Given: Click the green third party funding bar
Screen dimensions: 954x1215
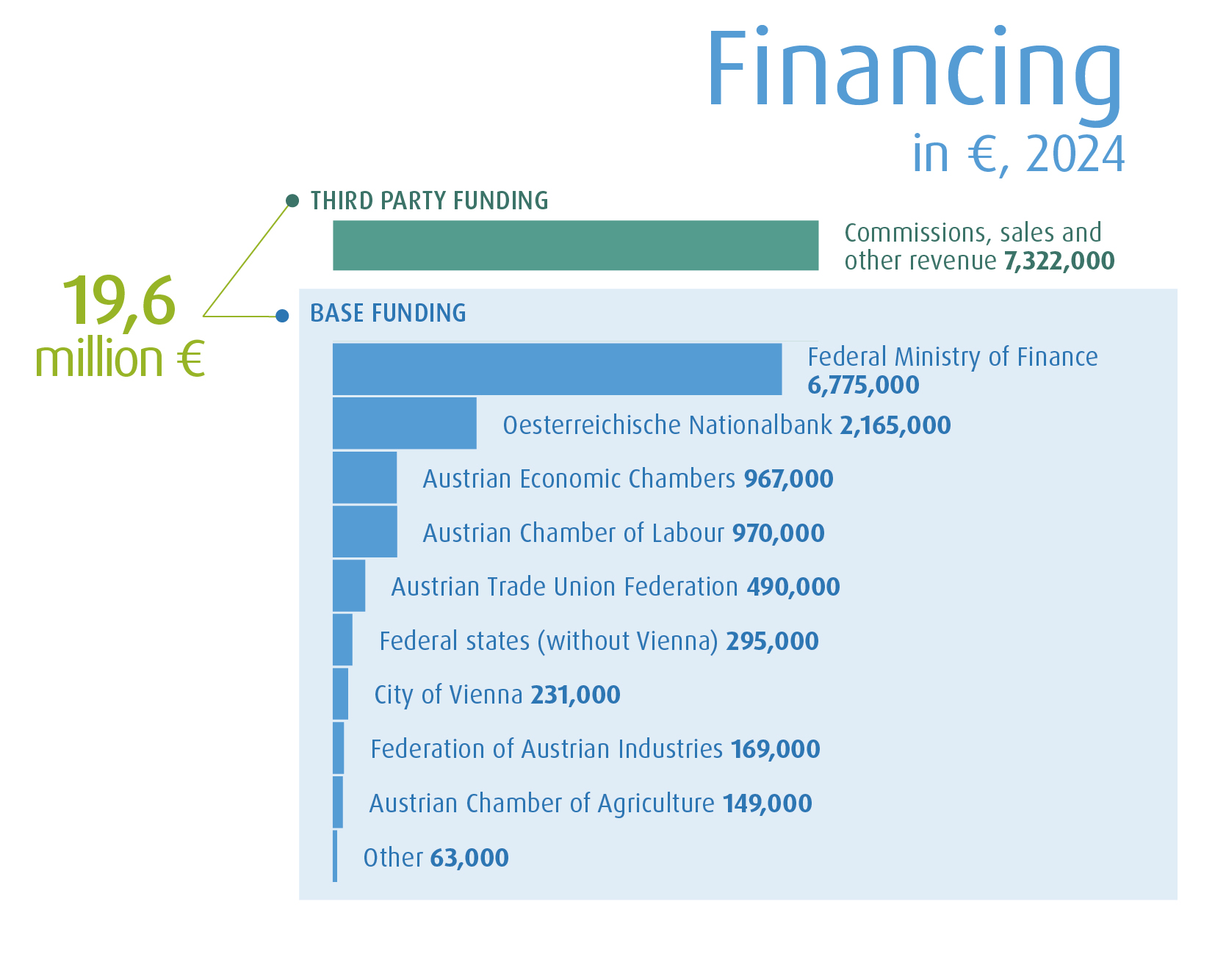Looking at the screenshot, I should [575, 245].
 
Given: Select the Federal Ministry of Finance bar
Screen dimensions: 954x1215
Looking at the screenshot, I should [557, 369].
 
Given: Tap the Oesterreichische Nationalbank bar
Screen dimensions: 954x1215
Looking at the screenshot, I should [404, 423].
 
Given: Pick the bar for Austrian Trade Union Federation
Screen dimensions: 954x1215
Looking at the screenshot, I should [349, 585].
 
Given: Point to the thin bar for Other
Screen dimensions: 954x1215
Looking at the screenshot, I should [335, 856].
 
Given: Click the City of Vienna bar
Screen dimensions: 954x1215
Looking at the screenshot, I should [340, 693].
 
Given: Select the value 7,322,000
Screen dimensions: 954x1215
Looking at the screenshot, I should [1059, 261].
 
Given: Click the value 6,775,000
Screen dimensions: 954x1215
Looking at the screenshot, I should [863, 385].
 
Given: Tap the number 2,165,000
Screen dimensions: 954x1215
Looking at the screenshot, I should [895, 425].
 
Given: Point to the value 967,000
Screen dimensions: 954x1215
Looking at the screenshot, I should [788, 479].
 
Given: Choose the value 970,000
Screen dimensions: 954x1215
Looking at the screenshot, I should [778, 533].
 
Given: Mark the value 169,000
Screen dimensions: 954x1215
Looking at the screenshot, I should [775, 749].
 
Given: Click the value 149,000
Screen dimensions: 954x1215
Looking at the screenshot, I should [767, 803].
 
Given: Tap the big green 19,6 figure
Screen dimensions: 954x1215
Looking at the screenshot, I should [119, 301].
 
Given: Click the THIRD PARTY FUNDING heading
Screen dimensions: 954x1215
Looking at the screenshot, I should [429, 200].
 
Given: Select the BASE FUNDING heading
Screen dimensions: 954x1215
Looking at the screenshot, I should [388, 313].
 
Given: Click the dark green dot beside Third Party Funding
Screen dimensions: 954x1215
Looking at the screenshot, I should [292, 200].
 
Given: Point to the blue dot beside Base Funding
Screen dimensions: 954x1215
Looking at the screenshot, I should [282, 316].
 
